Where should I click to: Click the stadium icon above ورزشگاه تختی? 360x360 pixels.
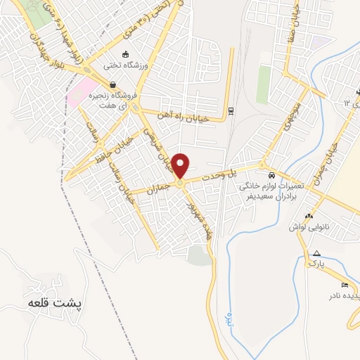125,54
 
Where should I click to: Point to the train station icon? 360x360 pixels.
231,110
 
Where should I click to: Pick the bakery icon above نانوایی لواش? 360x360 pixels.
309,215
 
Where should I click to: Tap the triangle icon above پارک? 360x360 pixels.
316,253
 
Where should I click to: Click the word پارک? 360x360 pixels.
317,264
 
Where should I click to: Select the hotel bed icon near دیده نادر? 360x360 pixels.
343,284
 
